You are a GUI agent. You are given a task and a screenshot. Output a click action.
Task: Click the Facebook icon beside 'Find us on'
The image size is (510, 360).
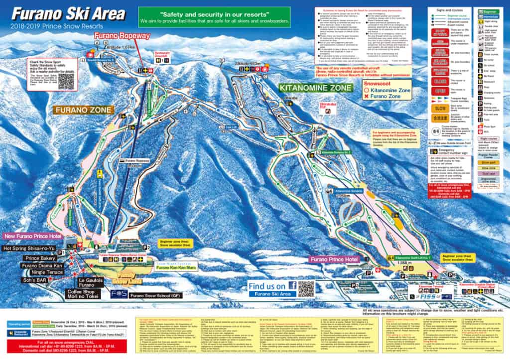tap(292, 285)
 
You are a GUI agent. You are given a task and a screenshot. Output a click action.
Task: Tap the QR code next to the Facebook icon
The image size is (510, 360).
tap(306, 288)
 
